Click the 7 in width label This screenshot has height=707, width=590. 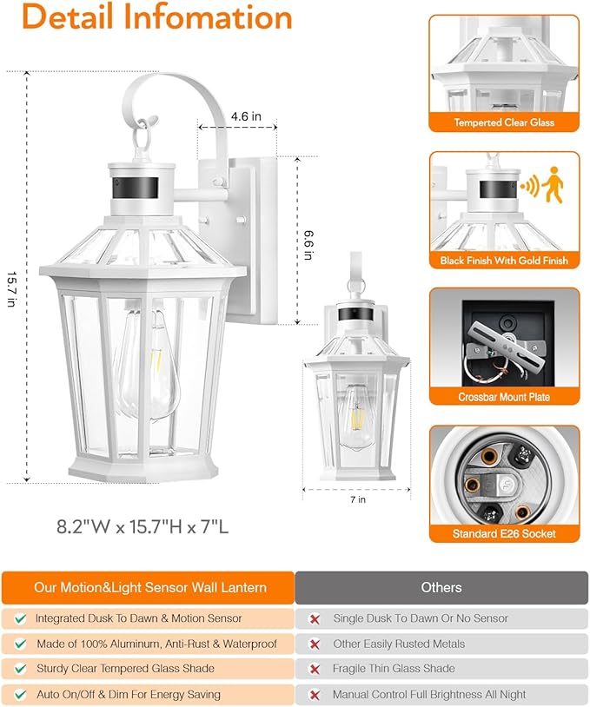coord(358,500)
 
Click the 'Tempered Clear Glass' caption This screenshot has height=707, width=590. coord(504,122)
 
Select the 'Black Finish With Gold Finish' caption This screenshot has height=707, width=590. coord(504,261)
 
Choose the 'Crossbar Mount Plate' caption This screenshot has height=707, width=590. coord(504,397)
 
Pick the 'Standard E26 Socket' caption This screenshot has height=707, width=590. coord(504,533)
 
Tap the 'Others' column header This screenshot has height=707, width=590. coord(441,587)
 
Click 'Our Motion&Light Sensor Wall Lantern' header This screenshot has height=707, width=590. coord(150,587)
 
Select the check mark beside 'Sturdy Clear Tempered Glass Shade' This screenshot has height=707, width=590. coord(18,669)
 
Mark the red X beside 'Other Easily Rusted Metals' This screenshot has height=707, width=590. coord(315,644)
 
